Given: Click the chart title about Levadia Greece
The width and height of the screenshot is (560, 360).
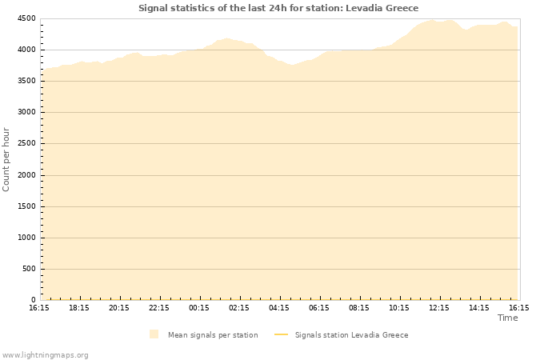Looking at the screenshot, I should click(278, 8).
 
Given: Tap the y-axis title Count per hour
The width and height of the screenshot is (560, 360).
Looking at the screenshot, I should click(6, 159).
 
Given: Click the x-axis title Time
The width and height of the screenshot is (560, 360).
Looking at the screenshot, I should click(507, 318).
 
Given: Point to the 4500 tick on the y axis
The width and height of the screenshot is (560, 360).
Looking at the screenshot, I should click(26, 18).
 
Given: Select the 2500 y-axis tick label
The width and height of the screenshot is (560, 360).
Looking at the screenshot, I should click(26, 144).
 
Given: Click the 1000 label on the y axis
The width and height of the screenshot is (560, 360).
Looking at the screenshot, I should click(26, 238).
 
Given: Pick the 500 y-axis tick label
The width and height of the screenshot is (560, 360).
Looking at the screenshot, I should click(28, 269).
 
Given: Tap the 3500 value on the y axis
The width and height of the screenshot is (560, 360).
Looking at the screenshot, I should click(26, 81).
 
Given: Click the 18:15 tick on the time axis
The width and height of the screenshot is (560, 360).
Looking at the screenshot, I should click(79, 307).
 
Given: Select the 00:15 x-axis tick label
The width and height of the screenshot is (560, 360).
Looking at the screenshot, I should click(199, 307).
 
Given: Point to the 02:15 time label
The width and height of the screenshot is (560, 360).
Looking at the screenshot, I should click(239, 307).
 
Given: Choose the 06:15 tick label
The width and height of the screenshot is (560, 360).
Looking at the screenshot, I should click(319, 307).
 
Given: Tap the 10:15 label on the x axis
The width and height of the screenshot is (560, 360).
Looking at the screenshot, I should click(399, 307).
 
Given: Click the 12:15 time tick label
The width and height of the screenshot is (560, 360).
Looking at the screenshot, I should click(439, 307).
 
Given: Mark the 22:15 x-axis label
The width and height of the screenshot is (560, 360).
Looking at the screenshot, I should click(159, 307).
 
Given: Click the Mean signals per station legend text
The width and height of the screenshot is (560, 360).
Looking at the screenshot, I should click(213, 335).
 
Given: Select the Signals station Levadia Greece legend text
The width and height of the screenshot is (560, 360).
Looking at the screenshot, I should click(351, 335).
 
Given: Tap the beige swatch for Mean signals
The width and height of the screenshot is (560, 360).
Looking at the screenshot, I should click(154, 334).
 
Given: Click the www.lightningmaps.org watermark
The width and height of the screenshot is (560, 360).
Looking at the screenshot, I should click(46, 354).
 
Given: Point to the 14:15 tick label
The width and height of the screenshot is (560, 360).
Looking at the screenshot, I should click(479, 307).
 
